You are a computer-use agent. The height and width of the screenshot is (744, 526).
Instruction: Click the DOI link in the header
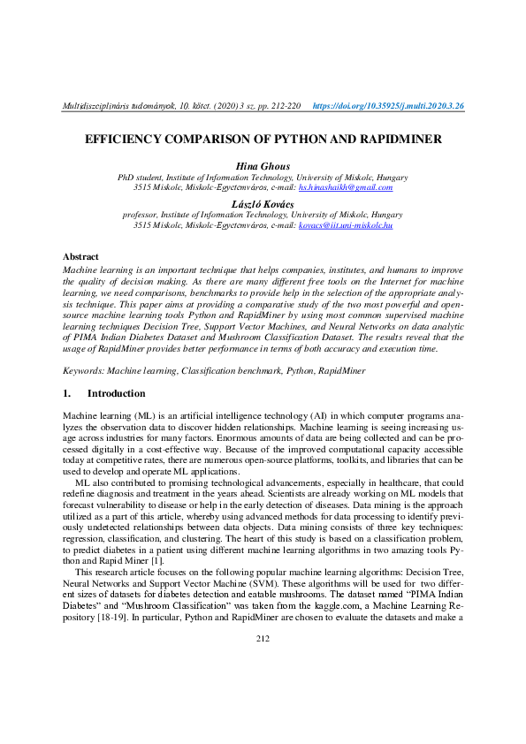(x=389, y=106)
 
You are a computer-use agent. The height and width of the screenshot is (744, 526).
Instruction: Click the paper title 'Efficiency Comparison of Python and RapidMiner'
(x=263, y=140)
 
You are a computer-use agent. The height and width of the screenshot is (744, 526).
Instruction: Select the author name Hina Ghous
(x=263, y=166)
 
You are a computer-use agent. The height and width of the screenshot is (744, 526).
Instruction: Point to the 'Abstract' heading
(x=80, y=256)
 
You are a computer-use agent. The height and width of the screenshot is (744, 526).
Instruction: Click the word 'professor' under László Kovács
(x=142, y=215)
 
